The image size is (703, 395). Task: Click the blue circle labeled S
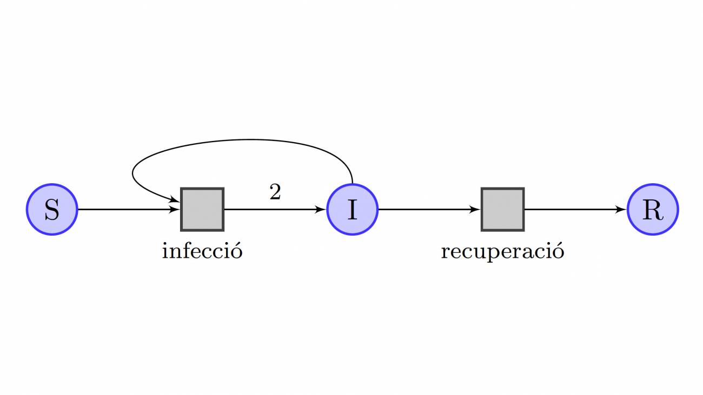click(x=52, y=210)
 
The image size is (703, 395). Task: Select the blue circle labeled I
click(x=352, y=210)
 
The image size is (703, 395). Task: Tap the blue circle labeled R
click(x=653, y=210)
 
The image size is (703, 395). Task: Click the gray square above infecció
click(x=202, y=210)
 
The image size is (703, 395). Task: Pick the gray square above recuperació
click(x=502, y=210)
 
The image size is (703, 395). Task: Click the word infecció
click(x=202, y=251)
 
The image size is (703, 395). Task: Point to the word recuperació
click(x=502, y=252)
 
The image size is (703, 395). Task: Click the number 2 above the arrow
click(x=275, y=192)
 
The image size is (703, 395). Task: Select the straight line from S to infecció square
click(x=129, y=210)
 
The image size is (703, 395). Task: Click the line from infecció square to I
click(x=275, y=210)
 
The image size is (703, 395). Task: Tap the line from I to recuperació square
click(x=429, y=210)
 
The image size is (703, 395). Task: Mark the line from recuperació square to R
click(x=576, y=210)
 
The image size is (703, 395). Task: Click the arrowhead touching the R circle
click(x=621, y=210)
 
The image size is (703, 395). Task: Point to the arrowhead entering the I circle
click(x=321, y=210)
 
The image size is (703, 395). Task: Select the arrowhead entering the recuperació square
click(x=475, y=210)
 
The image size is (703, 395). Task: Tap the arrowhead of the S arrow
click(x=175, y=210)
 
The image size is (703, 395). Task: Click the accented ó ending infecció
click(x=237, y=251)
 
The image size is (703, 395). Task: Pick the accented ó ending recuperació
click(x=559, y=251)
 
